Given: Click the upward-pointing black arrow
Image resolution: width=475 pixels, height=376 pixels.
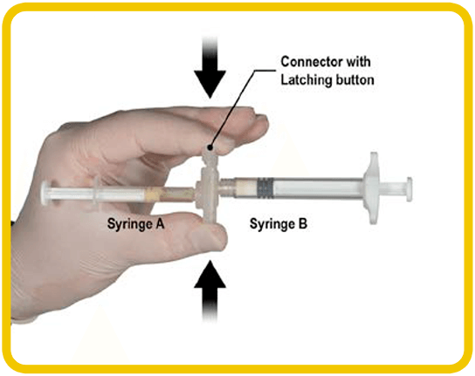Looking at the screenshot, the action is (210, 291).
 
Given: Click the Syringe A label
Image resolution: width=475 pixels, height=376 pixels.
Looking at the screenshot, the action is (135, 224).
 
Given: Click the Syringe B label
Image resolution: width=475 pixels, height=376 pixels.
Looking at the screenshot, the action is (279, 224).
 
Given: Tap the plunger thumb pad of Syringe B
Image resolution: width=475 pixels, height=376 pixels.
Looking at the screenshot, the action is (409, 189).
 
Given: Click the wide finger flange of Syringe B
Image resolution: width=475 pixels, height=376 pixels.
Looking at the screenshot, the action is (373, 188).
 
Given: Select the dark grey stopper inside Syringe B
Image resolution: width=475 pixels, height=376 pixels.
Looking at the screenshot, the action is (265, 188).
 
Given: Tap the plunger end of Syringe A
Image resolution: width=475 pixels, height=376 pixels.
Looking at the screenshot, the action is (45, 194).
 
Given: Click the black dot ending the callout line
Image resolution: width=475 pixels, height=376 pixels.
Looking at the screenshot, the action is (210, 148).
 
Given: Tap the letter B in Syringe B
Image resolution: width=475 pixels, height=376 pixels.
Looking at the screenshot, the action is (303, 224).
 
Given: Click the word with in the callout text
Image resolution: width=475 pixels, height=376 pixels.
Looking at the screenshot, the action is (358, 62).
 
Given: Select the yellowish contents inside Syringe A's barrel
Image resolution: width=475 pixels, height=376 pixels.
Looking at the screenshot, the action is (169, 195).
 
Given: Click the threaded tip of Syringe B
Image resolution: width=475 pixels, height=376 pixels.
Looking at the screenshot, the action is (227, 185).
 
